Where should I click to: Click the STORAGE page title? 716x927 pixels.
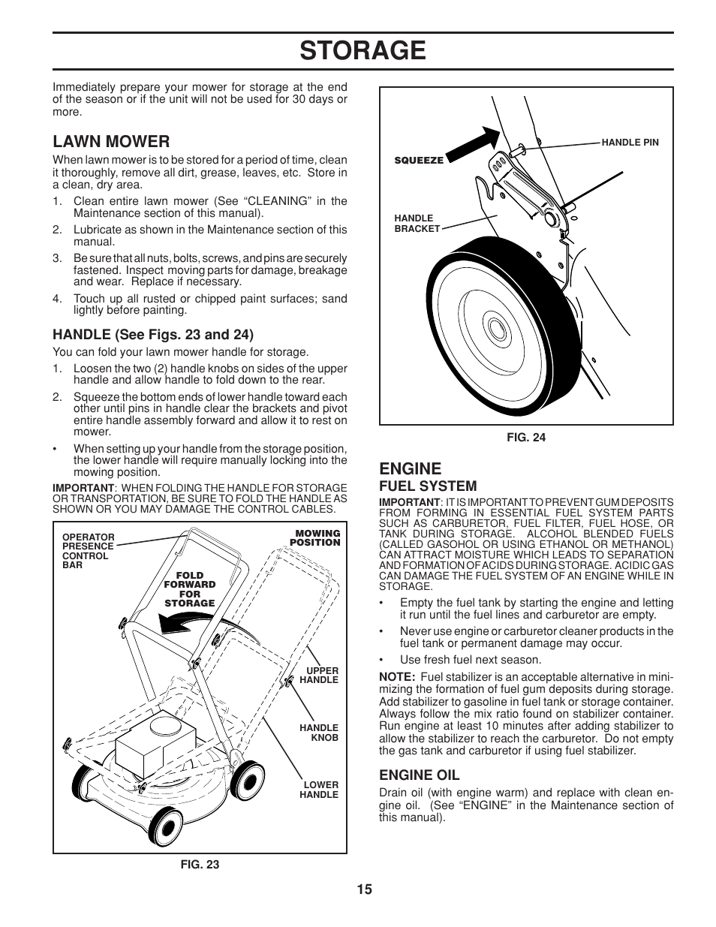(363, 51)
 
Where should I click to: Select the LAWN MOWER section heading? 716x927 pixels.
(111, 141)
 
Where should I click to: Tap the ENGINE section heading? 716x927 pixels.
(410, 469)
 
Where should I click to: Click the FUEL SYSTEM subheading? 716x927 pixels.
(427, 486)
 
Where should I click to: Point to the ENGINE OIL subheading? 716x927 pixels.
(419, 775)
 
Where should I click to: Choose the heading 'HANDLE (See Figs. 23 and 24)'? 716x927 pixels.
(152, 334)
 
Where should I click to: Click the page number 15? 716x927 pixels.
(364, 889)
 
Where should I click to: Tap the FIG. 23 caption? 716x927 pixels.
(200, 864)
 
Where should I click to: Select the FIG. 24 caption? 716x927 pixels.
(526, 438)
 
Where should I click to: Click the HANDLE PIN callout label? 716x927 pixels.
(630, 142)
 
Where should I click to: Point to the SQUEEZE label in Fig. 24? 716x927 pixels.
(419, 160)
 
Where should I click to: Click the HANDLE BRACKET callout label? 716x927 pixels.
(417, 224)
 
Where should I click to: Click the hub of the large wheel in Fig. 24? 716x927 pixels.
(495, 329)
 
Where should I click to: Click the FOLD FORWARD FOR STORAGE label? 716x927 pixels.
(190, 589)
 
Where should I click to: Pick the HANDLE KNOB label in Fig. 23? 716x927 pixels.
(319, 733)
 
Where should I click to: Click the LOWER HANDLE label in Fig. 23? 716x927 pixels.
(319, 790)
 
